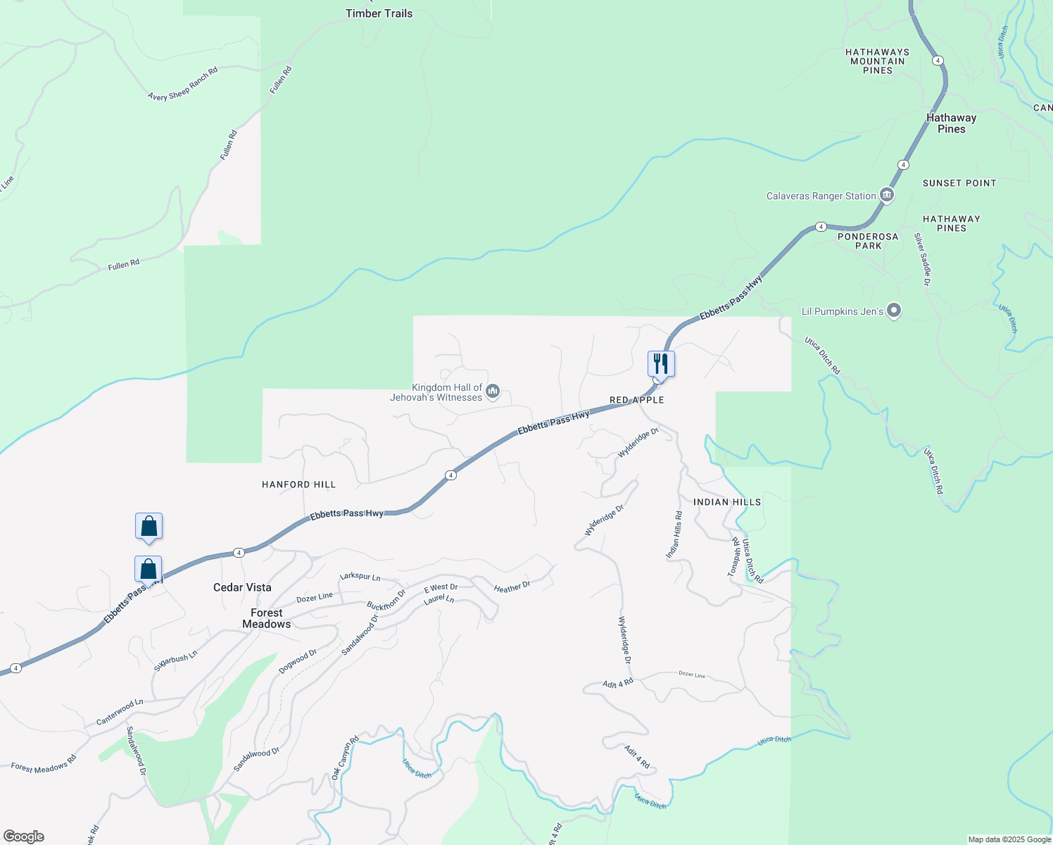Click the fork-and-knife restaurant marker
[x=661, y=364]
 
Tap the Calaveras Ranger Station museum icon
[x=887, y=196]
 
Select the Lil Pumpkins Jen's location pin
[x=894, y=311]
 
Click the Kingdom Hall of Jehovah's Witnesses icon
[x=493, y=392]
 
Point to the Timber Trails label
[x=379, y=13]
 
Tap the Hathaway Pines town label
[x=951, y=123]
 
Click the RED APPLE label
[x=636, y=400]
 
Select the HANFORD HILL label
[x=298, y=484]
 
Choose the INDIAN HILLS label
[x=727, y=502]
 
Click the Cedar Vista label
[x=242, y=587]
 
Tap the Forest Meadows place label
[x=266, y=618]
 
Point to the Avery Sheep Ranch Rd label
[x=183, y=84]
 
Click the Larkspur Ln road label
[x=360, y=577]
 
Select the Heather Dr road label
[x=512, y=587]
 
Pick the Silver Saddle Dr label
[x=922, y=259]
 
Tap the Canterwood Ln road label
[x=120, y=713]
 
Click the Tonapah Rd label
[x=733, y=557]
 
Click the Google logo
[x=24, y=837]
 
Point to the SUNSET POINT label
[x=959, y=183]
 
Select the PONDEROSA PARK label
[x=868, y=242]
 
